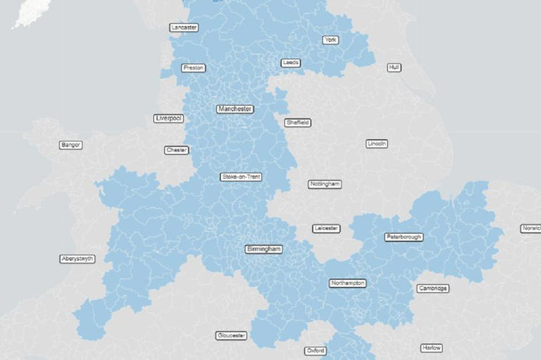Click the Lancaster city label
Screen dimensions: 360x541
pyautogui.click(x=184, y=27)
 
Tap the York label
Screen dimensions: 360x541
pyautogui.click(x=330, y=40)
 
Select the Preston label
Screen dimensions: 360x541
pyautogui.click(x=193, y=68)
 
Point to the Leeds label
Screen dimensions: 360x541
pyautogui.click(x=290, y=63)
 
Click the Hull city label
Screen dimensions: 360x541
pyautogui.click(x=394, y=68)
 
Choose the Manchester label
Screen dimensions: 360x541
pyautogui.click(x=235, y=109)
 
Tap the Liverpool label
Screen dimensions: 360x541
pyautogui.click(x=168, y=118)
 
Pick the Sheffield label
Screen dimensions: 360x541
pyautogui.click(x=297, y=123)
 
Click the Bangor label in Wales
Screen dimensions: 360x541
pyautogui.click(x=71, y=145)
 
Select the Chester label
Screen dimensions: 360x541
pyautogui.click(x=176, y=150)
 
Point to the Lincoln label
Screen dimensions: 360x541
pyautogui.click(x=377, y=144)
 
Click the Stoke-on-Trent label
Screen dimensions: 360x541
pyautogui.click(x=241, y=177)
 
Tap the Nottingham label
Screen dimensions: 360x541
pyautogui.click(x=325, y=185)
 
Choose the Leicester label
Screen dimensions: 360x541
pyautogui.click(x=326, y=228)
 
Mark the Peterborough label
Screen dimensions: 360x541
pyautogui.click(x=404, y=237)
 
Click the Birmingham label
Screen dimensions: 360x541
pyautogui.click(x=264, y=249)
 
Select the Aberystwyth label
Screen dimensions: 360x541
pyautogui.click(x=77, y=259)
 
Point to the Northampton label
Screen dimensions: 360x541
pyautogui.click(x=348, y=283)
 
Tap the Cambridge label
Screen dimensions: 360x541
pyautogui.click(x=433, y=288)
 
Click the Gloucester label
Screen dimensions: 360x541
pyautogui.click(x=232, y=335)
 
